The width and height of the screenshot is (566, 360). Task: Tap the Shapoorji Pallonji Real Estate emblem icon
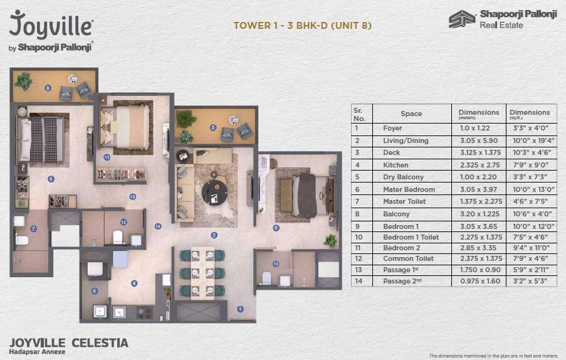pyautogui.click(x=462, y=19)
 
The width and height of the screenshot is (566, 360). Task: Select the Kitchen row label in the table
pyautogui.click(x=396, y=165)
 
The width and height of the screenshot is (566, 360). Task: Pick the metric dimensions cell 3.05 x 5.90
pyautogui.click(x=479, y=140)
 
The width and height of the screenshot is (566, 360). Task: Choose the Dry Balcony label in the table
pyautogui.click(x=403, y=177)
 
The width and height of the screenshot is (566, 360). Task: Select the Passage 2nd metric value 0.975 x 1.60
pyautogui.click(x=479, y=282)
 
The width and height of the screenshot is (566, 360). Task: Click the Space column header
pyautogui.click(x=411, y=114)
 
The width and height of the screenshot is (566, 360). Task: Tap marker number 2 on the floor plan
pyautogui.click(x=214, y=235)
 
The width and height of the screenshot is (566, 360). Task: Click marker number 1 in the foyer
pyautogui.click(x=240, y=308)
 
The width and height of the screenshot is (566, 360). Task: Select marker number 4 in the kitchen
pyautogui.click(x=134, y=283)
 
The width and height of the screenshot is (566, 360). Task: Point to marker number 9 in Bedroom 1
pyautogui.click(x=276, y=228)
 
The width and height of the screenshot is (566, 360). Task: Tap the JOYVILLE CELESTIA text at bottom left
pyautogui.click(x=69, y=342)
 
